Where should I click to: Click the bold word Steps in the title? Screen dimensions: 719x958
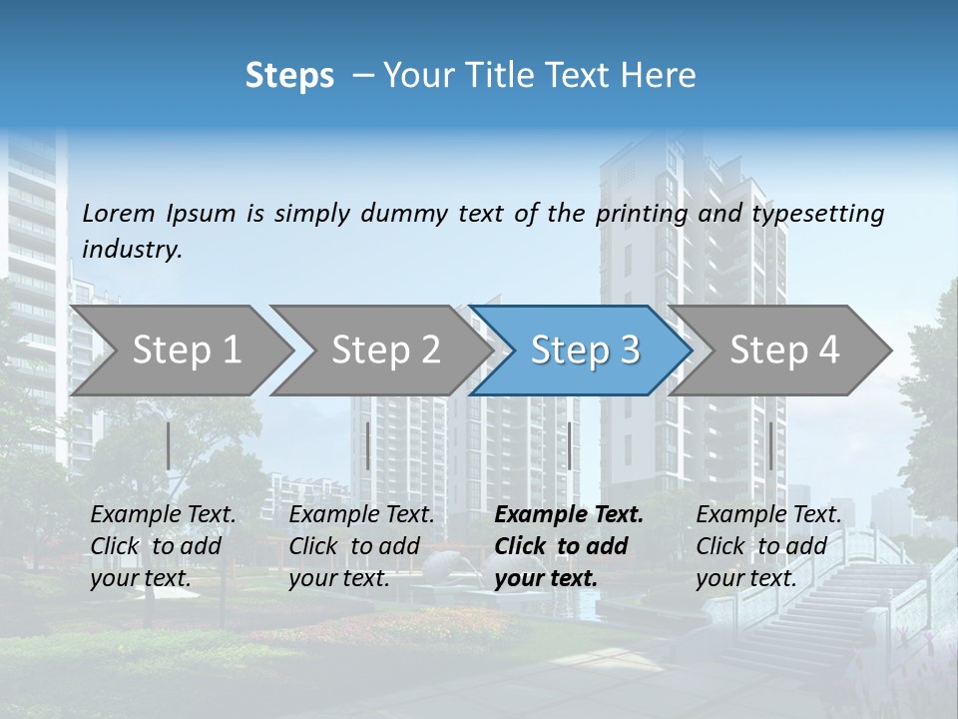[289, 76]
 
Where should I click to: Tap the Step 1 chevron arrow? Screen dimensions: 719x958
[180, 351]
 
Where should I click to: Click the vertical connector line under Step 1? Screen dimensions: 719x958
[169, 445]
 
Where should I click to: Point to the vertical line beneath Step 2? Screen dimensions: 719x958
[368, 445]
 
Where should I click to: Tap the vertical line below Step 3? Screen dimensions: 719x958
[569, 445]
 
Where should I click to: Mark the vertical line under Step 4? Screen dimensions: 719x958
[770, 445]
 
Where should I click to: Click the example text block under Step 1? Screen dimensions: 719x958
[163, 546]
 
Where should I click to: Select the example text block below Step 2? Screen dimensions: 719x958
[361, 546]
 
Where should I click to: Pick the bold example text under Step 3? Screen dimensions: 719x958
[569, 546]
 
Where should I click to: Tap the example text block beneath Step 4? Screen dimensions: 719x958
[768, 546]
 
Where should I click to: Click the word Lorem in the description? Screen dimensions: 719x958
[119, 213]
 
